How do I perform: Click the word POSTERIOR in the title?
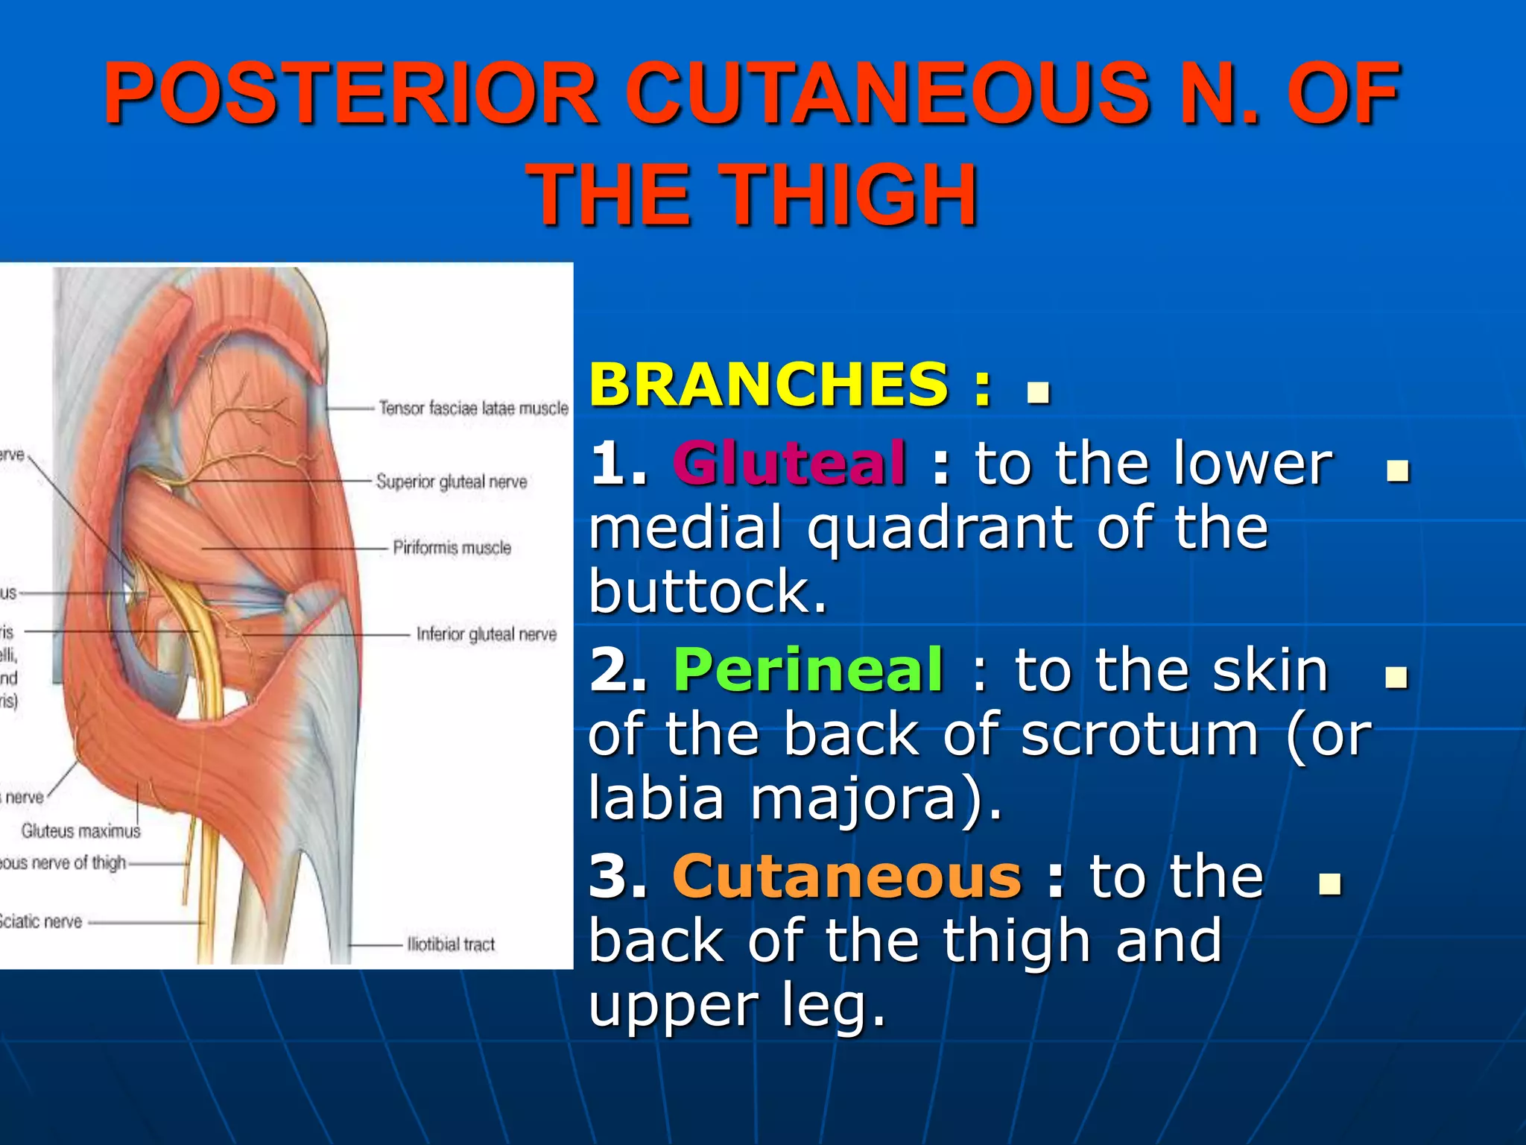[350, 94]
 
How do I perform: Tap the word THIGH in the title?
[849, 195]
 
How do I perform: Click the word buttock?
[708, 592]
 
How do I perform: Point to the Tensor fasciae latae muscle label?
[473, 409]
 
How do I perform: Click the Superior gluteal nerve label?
[451, 482]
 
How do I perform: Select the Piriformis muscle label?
[452, 548]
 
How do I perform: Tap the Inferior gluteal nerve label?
[486, 634]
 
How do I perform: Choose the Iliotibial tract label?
[450, 944]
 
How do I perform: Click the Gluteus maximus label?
[80, 830]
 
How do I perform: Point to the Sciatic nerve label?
[41, 922]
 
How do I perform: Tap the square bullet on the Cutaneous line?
[1329, 884]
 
